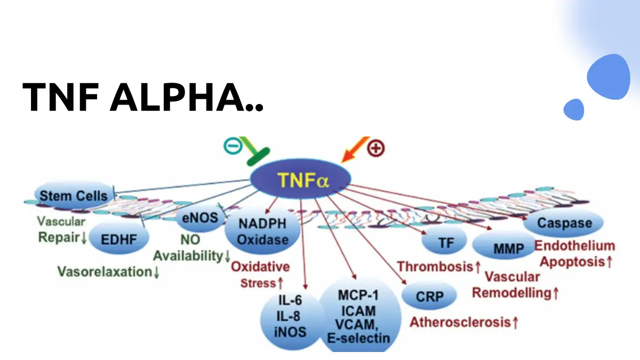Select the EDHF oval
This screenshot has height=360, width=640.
coord(118,239)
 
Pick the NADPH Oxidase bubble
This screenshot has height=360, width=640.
coord(255,231)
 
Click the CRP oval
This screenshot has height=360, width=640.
coord(429,296)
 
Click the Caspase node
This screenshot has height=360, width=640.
coord(564,222)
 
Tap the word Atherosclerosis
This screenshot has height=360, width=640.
coord(459,322)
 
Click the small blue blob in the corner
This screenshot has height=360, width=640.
coord(574,109)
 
